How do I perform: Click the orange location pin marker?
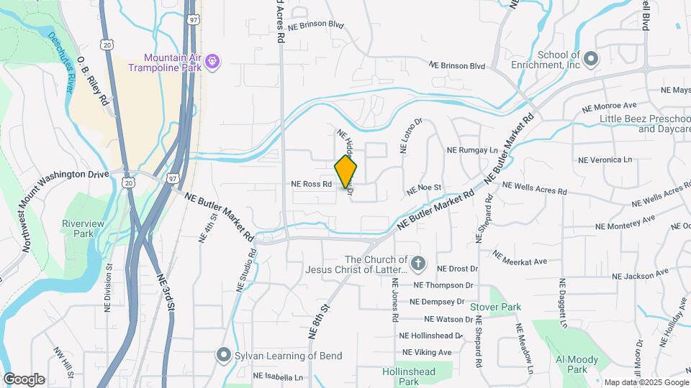tap(346, 171)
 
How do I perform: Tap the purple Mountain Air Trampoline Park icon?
tap(212, 63)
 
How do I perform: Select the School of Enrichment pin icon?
tap(591, 59)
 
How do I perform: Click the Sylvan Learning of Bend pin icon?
tap(224, 355)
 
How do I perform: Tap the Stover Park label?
tap(495, 307)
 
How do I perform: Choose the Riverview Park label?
tap(83, 228)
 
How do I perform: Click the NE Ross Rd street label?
tap(311, 184)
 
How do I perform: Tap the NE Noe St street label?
tap(423, 190)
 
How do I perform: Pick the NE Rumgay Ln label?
tap(472, 151)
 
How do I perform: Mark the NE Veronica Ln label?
tap(605, 160)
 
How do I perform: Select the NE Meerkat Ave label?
tap(520, 257)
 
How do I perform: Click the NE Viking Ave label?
tap(427, 352)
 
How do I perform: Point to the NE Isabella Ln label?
tap(276, 377)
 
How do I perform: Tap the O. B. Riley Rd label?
tap(93, 80)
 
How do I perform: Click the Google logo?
tap(24, 379)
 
